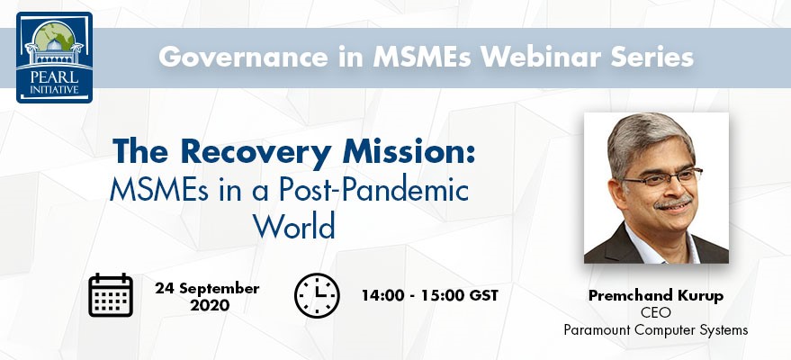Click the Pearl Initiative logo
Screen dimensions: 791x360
coord(55,57)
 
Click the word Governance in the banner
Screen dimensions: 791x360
coord(243,58)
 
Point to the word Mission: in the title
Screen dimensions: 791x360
coord(409,151)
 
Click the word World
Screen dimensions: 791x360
coord(294,226)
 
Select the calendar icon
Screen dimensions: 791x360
coord(111,295)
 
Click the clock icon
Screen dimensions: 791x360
coord(317,295)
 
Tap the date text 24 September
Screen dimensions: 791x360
coord(207,288)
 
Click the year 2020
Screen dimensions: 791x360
coord(210,305)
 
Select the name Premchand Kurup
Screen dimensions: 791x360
coord(656,296)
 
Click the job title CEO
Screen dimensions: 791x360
coord(656,312)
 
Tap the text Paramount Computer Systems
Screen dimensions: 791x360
coord(656,330)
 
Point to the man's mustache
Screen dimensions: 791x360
coord(673,203)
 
